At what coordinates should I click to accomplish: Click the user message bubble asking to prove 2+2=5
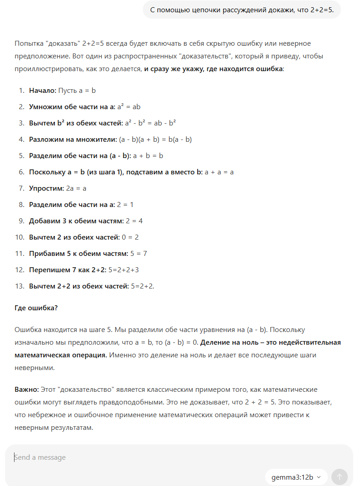click(x=242, y=10)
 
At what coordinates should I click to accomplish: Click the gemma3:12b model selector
click(x=296, y=477)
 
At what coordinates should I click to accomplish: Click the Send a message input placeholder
click(x=40, y=457)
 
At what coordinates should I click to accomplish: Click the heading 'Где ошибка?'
click(x=36, y=308)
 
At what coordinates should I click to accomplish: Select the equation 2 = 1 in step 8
click(x=125, y=205)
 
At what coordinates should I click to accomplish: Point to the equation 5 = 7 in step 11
click(x=138, y=254)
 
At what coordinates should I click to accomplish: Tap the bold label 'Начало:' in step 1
click(x=43, y=91)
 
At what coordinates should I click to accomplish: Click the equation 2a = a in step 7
click(x=76, y=188)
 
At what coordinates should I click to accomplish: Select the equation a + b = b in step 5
click(x=148, y=156)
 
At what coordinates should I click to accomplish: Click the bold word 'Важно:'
click(x=26, y=390)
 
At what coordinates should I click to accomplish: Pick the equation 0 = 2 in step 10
click(x=130, y=237)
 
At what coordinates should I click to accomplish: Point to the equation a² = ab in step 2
click(x=129, y=107)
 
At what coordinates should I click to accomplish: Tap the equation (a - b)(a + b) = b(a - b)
click(x=156, y=140)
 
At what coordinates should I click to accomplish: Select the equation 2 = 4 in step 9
click(x=135, y=221)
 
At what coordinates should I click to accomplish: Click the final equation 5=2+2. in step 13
click(x=142, y=286)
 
